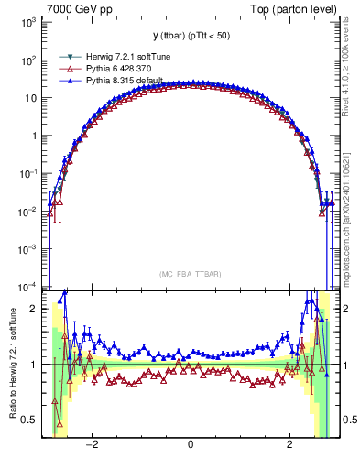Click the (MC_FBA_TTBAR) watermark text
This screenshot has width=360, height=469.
click(x=190, y=273)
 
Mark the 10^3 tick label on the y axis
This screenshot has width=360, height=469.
click(x=30, y=23)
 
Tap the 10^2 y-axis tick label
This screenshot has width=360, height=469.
click(x=30, y=60)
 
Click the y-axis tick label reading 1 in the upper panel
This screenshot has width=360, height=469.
click(x=36, y=136)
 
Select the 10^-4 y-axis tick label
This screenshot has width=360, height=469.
click(x=30, y=285)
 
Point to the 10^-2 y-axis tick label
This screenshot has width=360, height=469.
click(x=30, y=211)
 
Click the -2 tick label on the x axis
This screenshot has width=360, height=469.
click(x=92, y=446)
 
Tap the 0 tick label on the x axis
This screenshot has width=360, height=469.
click(x=190, y=446)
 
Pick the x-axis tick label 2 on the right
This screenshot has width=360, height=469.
click(x=289, y=446)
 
